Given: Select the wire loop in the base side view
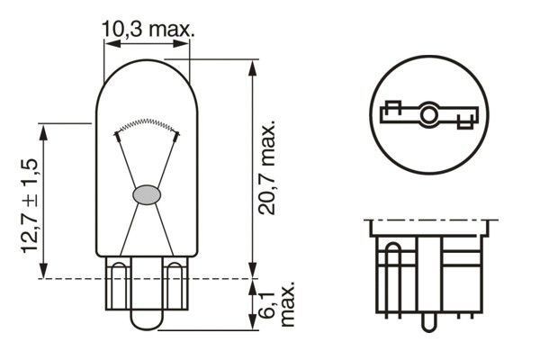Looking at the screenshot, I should (x=392, y=270).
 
